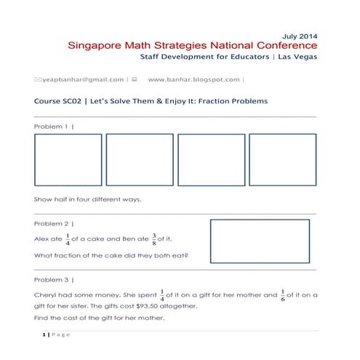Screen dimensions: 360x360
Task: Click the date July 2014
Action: [x=298, y=35]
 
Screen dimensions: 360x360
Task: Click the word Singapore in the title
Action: [x=95, y=45]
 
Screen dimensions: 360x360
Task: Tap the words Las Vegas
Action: [x=297, y=57]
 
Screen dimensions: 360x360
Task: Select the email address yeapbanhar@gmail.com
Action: [x=83, y=79]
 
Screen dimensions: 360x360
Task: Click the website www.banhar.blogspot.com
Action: [x=193, y=79]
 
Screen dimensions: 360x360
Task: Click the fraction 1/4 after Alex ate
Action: [x=67, y=239]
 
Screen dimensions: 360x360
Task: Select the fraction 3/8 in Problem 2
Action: [x=154, y=239]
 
